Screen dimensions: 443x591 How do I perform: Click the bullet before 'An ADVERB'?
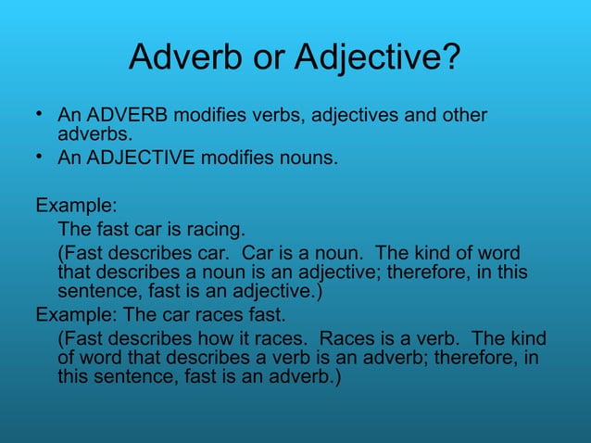(40, 115)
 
